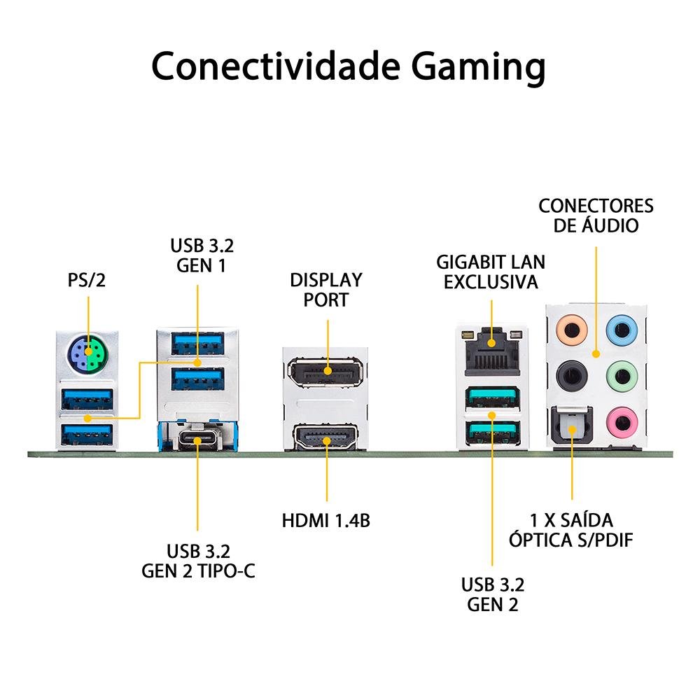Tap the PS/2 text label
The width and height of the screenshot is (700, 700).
click(87, 281)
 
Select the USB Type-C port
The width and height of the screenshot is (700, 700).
click(197, 439)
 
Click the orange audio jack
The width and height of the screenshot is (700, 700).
click(570, 328)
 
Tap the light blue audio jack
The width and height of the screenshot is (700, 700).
click(621, 328)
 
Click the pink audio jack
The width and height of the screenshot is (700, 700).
click(621, 421)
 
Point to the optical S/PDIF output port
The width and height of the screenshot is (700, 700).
click(570, 424)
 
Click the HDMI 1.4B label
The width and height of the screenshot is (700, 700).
click(326, 521)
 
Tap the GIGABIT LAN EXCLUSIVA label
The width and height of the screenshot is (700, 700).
click(491, 272)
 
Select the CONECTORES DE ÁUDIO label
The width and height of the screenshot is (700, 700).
click(596, 216)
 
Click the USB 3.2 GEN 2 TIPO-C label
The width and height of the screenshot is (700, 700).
click(198, 561)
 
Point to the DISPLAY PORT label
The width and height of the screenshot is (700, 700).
click(327, 290)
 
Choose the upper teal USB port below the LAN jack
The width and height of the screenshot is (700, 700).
click(492, 398)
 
